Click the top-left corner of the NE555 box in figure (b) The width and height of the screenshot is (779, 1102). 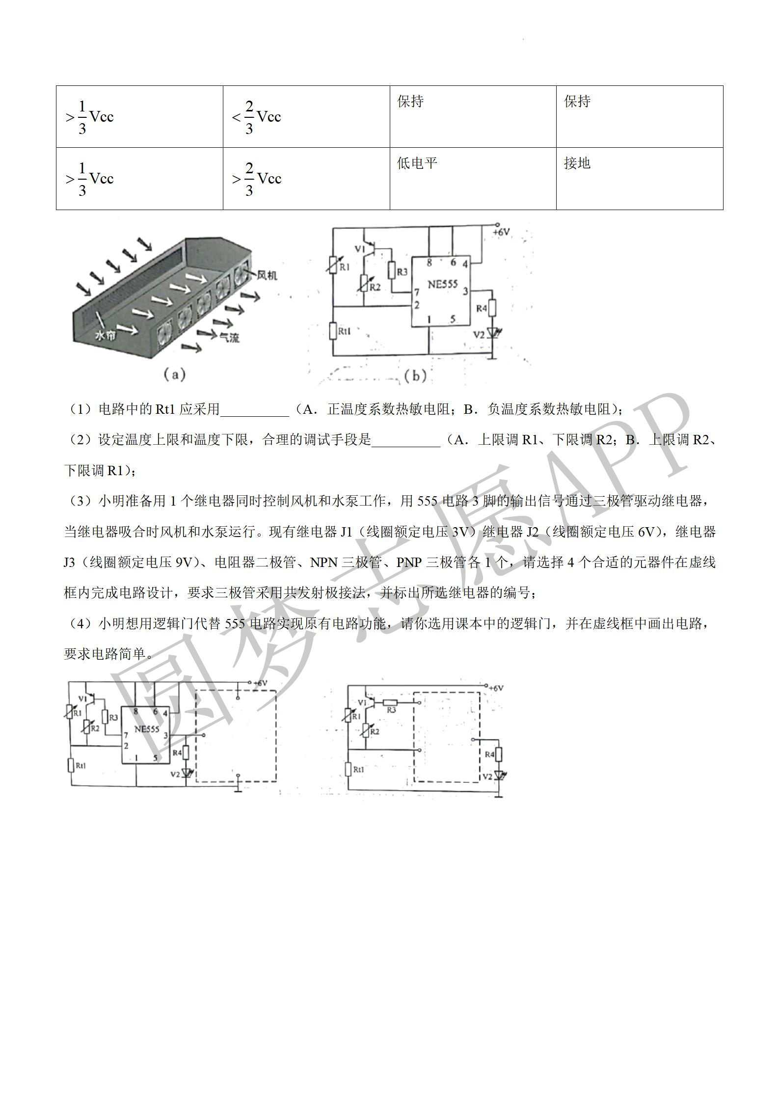[411, 256]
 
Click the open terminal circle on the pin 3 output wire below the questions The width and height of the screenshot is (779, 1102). [203, 735]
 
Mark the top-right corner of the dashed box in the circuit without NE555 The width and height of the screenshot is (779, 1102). [479, 693]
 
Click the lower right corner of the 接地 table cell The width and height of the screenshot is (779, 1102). [723, 210]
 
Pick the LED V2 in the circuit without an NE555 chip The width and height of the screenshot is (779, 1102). [500, 776]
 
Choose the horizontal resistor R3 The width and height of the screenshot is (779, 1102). [390, 703]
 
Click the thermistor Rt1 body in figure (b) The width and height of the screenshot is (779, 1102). [333, 331]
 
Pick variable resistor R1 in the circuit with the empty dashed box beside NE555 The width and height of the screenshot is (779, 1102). [70, 711]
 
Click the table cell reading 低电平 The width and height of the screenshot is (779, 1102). [473, 179]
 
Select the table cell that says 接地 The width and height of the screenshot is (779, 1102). [640, 179]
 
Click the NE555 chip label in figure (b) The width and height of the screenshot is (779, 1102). [442, 284]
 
